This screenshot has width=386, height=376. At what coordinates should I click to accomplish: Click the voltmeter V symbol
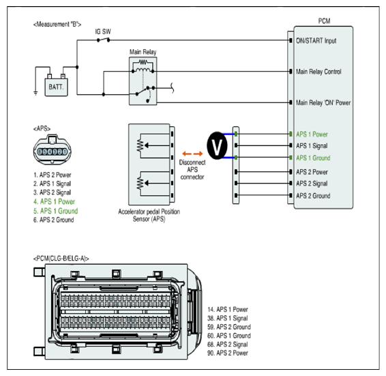coord(217,145)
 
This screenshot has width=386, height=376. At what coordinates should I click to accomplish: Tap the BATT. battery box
coord(56,87)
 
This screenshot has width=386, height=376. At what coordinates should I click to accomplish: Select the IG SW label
coord(103,31)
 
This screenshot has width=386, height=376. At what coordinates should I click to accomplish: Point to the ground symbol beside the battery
coord(35,93)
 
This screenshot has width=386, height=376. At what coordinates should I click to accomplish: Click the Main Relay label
coord(143,52)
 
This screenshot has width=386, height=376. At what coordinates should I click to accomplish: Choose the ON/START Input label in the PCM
coord(316,41)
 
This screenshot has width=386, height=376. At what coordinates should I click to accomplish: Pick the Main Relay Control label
coord(318,72)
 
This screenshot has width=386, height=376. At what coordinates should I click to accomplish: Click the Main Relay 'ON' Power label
coord(323,102)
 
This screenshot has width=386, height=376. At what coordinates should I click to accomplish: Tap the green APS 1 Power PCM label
coord(312,134)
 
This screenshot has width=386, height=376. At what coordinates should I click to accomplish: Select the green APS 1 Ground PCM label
coord(313,158)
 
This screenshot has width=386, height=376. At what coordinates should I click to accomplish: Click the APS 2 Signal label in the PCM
coord(312,184)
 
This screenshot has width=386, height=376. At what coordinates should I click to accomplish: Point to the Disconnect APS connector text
coord(192,170)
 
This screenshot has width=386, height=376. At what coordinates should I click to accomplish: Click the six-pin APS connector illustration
coord(53,149)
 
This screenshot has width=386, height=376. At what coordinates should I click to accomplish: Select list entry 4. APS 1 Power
coord(54,201)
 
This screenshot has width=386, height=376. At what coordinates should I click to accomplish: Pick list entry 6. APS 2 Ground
coord(53,220)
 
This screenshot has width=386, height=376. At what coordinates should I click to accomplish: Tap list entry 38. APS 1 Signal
coord(228,319)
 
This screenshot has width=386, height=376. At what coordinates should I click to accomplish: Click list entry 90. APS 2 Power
coord(228,353)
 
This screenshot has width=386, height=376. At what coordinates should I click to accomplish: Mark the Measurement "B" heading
coord(57,25)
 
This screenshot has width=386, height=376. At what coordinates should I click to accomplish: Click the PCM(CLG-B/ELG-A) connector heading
coord(61,259)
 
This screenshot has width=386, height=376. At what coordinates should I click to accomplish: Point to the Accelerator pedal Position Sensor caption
coord(149,216)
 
